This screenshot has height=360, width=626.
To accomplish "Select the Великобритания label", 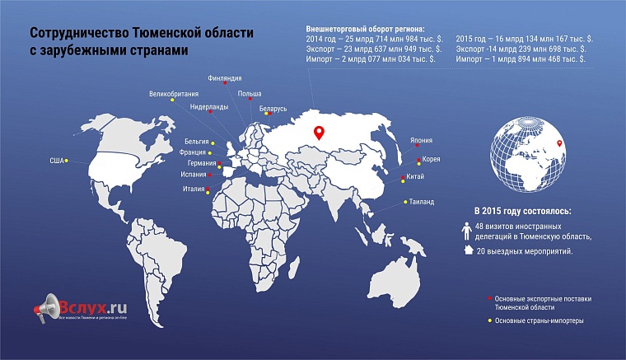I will [x=173, y=94].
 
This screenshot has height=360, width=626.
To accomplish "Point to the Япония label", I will [x=421, y=140].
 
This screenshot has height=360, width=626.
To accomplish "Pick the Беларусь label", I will [x=273, y=109].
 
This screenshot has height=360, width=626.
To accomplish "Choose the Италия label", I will [x=194, y=189].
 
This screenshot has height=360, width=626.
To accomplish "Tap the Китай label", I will [x=416, y=177].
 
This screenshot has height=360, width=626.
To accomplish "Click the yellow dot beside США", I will [x=67, y=161].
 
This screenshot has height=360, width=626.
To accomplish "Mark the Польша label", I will [x=250, y=95].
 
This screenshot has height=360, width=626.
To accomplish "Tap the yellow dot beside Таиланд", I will [x=404, y=201].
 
